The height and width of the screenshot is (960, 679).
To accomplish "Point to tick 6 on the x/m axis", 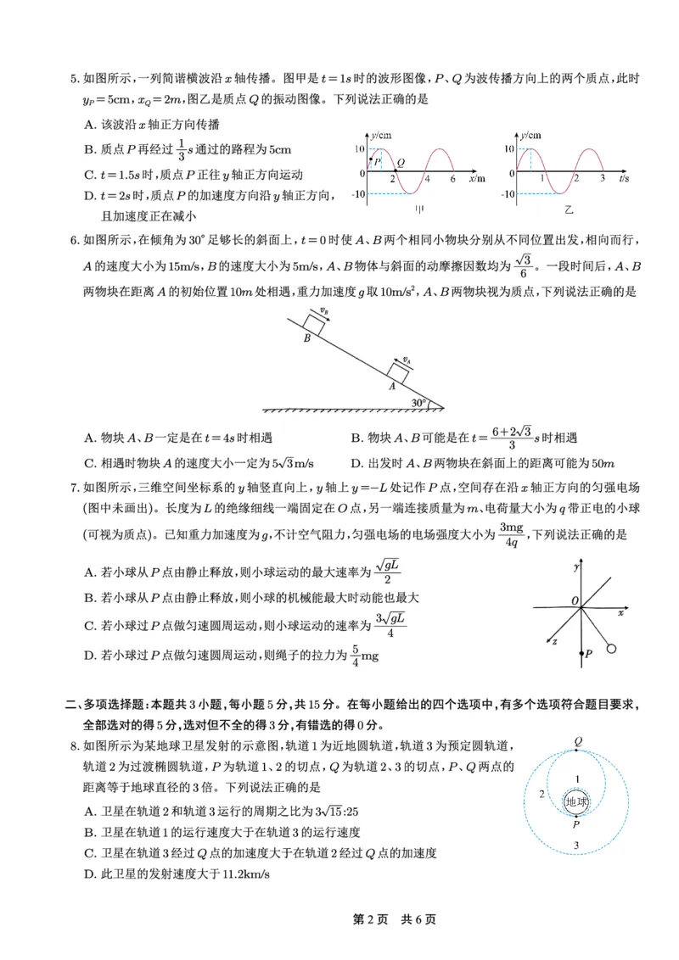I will pyautogui.click(x=452, y=180).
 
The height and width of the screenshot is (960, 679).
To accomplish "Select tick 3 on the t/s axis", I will pyautogui.click(x=601, y=180).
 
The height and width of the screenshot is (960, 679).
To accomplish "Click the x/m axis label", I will pyautogui.click(x=477, y=179).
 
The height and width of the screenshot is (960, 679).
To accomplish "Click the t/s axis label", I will pyautogui.click(x=624, y=179).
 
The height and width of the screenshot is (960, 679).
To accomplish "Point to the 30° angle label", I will pyautogui.click(x=418, y=402).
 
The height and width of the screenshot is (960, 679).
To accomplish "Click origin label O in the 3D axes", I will pyautogui.click(x=575, y=601).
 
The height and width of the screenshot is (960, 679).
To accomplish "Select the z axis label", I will pyautogui.click(x=554, y=642).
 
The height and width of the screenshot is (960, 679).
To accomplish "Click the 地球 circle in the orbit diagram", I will pyautogui.click(x=576, y=801).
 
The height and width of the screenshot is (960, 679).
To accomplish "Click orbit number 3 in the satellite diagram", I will pyautogui.click(x=576, y=845).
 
